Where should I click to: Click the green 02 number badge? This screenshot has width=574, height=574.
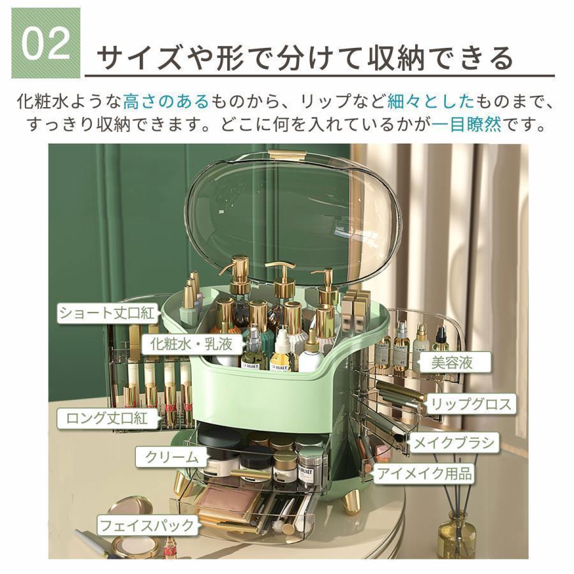[x=46, y=43]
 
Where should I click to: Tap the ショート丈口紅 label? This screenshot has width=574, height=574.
[x=106, y=313]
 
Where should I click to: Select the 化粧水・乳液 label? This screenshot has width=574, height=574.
[x=191, y=344]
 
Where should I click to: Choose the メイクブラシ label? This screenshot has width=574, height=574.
[x=454, y=443]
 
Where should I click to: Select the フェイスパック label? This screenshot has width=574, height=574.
[x=147, y=526]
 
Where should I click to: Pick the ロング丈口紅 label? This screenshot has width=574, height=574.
[x=107, y=418]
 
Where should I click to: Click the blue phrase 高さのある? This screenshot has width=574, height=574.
[x=166, y=101]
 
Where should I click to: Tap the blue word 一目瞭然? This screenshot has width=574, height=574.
[x=466, y=125]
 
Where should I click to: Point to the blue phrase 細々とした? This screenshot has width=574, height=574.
[x=430, y=101]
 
